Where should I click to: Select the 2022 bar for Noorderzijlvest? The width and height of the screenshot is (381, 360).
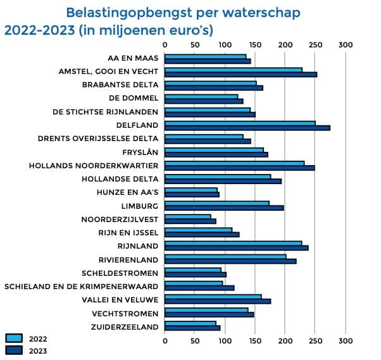pos(187,216)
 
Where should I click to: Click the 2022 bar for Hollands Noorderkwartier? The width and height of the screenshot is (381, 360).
pos(234,163)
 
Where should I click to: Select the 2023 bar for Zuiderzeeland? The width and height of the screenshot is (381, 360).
pos(192,328)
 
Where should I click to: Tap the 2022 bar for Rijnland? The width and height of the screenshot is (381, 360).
pos(233,242)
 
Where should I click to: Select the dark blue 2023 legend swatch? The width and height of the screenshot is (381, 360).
pos(13,350)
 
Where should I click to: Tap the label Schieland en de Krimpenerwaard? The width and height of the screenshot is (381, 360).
pos(81,286)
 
